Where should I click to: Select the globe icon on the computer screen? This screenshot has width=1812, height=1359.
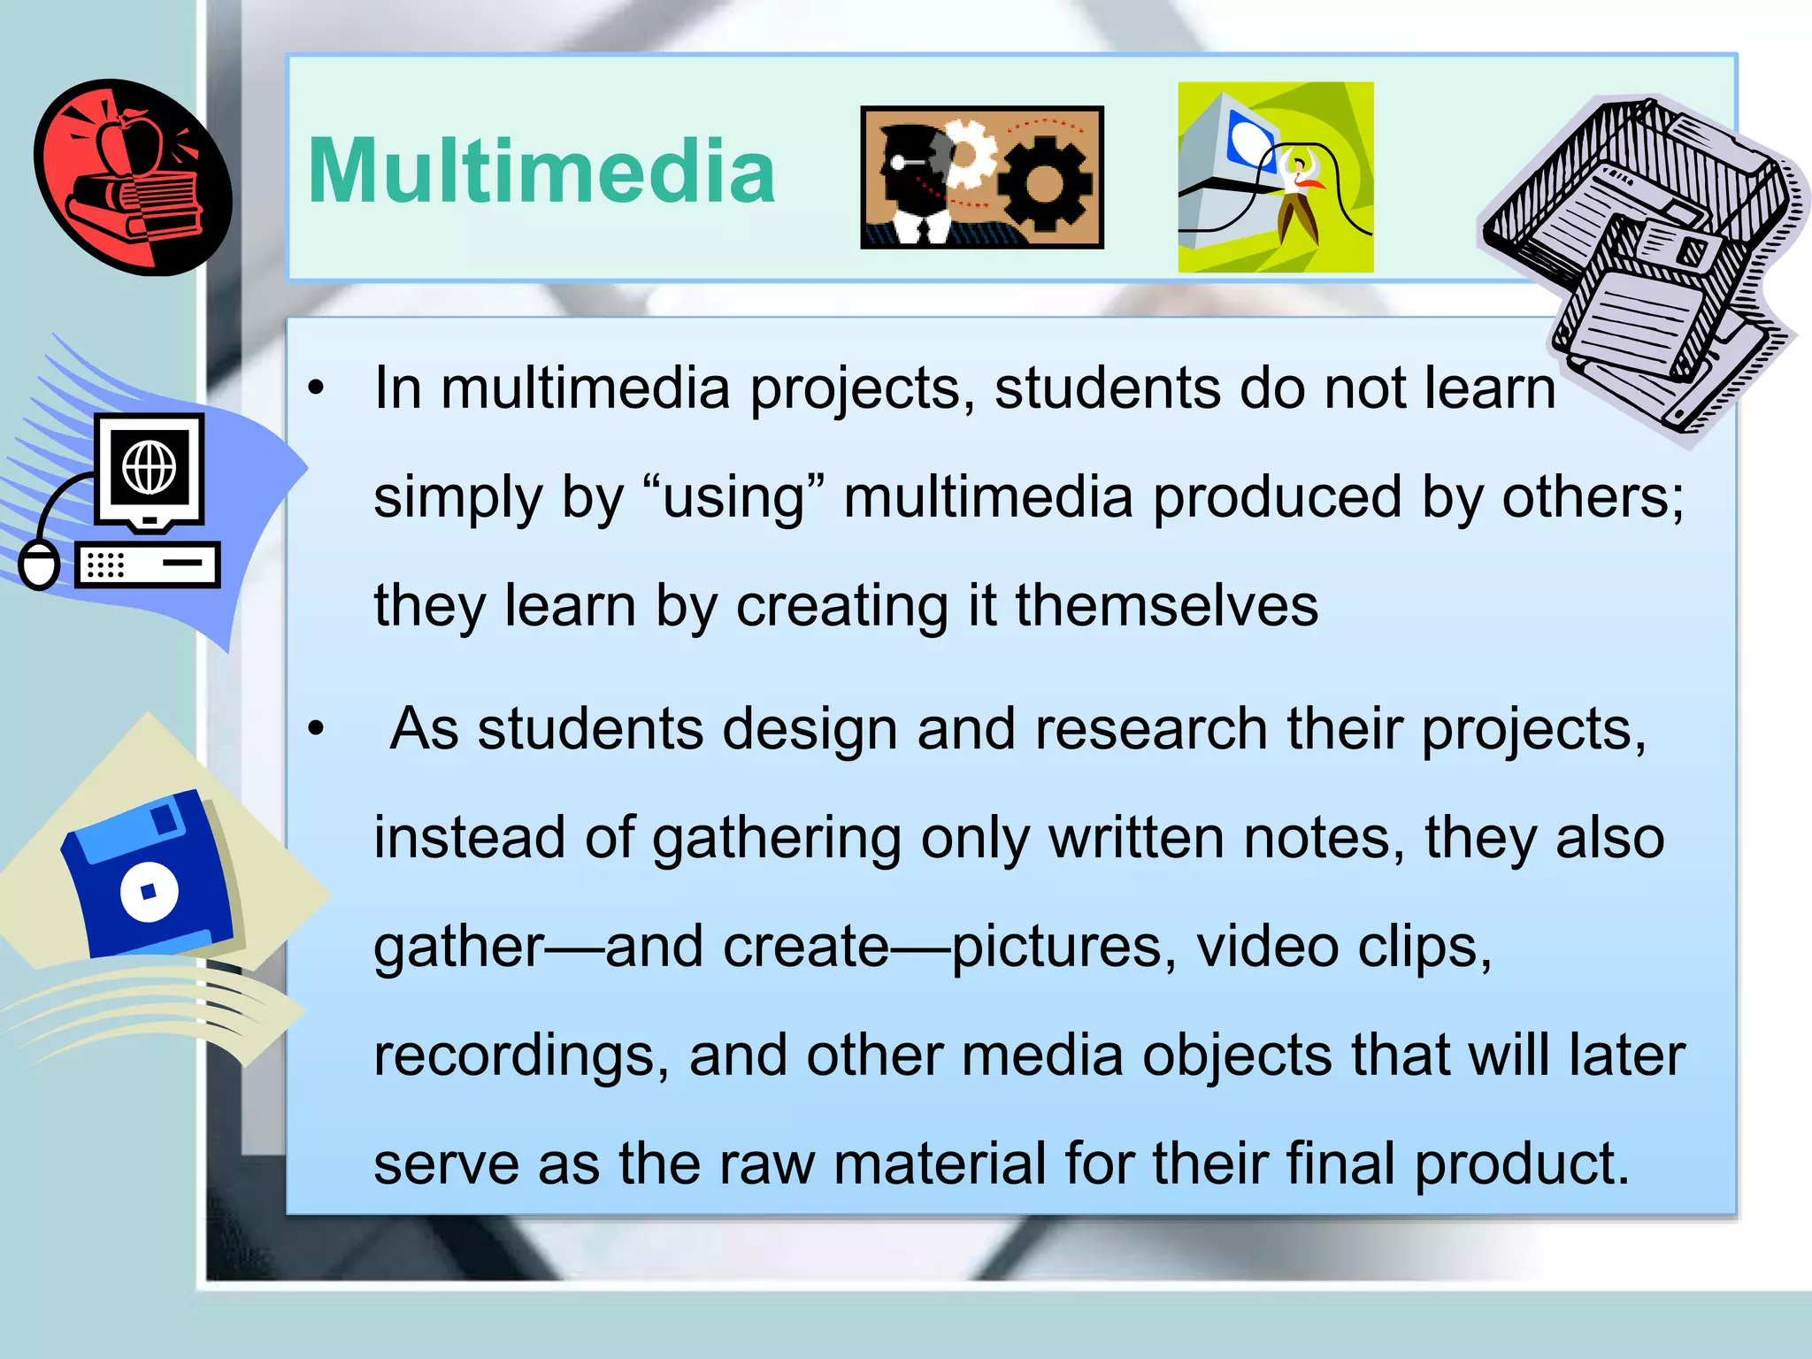point(149,467)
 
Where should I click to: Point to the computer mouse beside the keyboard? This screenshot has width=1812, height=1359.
point(39,564)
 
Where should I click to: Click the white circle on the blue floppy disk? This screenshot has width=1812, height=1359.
point(149,891)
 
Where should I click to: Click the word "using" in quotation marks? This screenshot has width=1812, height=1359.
point(734,497)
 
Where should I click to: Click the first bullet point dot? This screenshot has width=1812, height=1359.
point(316,388)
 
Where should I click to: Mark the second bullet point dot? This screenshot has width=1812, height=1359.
point(316,729)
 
